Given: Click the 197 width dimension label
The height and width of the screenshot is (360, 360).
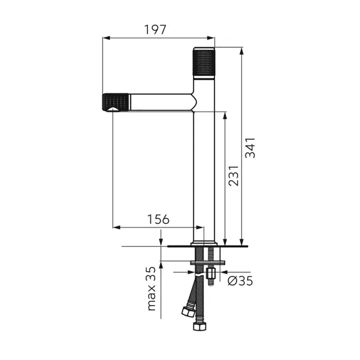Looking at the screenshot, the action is (155, 30).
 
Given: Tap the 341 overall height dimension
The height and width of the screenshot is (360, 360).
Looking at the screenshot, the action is (250, 148).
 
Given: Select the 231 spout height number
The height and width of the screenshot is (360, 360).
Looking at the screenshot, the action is (233, 176).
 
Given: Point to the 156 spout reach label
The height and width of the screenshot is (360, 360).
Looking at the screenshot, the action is (158, 219).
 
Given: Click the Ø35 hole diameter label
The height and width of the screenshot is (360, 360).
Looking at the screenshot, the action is (240, 281).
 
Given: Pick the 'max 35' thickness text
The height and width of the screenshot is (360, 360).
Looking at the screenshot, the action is (152, 288).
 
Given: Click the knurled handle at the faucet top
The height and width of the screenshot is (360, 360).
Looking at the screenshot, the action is (204, 61).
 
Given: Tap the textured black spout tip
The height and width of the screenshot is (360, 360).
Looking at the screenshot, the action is (115, 103).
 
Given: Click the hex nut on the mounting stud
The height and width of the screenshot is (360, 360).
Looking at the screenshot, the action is (210, 273).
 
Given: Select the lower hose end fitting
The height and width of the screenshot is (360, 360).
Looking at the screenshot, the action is (199, 326).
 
